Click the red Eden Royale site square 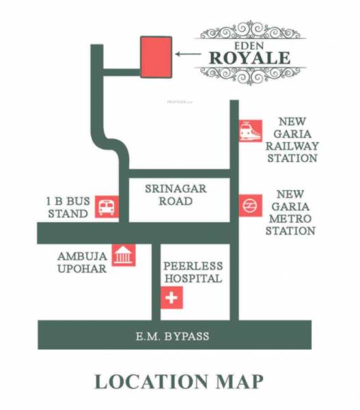click(x=156, y=56)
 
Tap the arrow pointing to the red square click(x=185, y=53)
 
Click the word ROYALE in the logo click(x=249, y=57)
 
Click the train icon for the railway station click(x=250, y=131)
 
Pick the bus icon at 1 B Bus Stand click(x=106, y=206)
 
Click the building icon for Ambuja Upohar click(x=123, y=256)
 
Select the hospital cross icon click(x=171, y=299)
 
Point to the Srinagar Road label click(x=175, y=195)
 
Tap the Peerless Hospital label click(x=193, y=272)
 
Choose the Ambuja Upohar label click(x=82, y=262)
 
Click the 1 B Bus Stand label click(x=67, y=207)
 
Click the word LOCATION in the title click(x=150, y=381)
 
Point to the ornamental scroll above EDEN click(x=250, y=30)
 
